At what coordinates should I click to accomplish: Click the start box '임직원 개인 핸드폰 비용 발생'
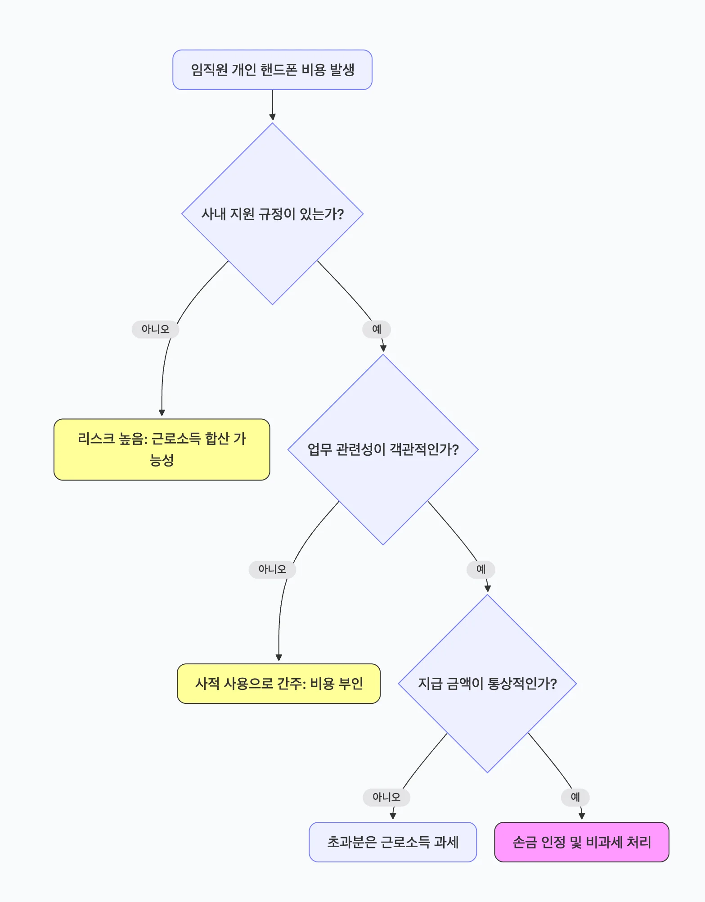pyautogui.click(x=272, y=70)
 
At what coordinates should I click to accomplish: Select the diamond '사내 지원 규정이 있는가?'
pyautogui.click(x=272, y=214)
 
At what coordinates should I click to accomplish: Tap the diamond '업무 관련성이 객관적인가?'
pyautogui.click(x=383, y=449)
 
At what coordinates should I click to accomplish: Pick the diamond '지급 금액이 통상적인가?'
pyautogui.click(x=487, y=684)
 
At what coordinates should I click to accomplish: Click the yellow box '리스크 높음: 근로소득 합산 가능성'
pyautogui.click(x=162, y=449)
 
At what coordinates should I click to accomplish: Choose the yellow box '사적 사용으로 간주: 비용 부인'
pyautogui.click(x=278, y=684)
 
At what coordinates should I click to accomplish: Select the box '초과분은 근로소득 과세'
pyautogui.click(x=392, y=842)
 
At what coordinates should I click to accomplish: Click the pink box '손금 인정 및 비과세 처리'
pyautogui.click(x=581, y=842)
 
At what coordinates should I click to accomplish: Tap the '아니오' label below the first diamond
pyautogui.click(x=155, y=329)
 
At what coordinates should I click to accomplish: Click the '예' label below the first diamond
pyautogui.click(x=377, y=329)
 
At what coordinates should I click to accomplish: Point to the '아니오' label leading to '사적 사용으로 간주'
pyautogui.click(x=272, y=569)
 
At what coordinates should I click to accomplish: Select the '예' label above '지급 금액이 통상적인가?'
pyautogui.click(x=481, y=569)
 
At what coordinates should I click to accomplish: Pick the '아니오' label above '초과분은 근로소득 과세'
pyautogui.click(x=386, y=797)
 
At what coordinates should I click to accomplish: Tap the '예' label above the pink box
pyautogui.click(x=575, y=797)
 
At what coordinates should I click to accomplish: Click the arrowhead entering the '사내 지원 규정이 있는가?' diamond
pyautogui.click(x=272, y=118)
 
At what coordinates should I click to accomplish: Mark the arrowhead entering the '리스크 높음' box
pyautogui.click(x=162, y=413)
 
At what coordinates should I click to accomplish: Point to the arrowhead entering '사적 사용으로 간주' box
pyautogui.click(x=279, y=658)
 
